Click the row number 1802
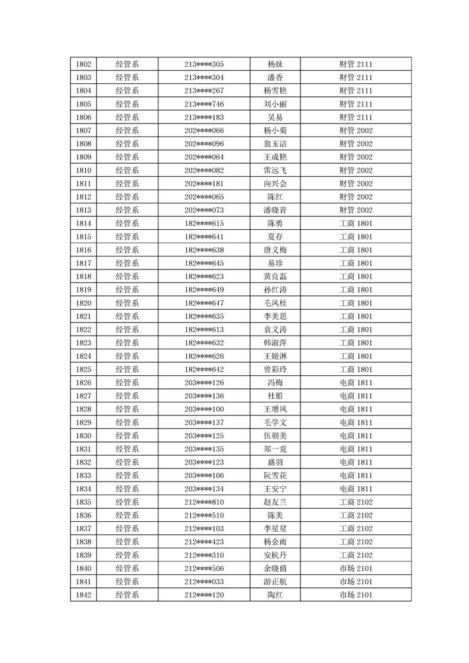[x=83, y=64]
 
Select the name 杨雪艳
[x=275, y=91]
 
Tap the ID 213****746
[x=204, y=104]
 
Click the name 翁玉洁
[x=275, y=144]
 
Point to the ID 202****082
[x=204, y=171]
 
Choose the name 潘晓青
[x=275, y=210]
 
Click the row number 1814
[x=83, y=223]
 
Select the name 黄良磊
[x=275, y=277]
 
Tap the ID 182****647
[x=204, y=303]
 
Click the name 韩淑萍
[x=275, y=343]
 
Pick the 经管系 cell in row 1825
[x=127, y=369]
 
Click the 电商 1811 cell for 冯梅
[x=356, y=383]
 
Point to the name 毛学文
[x=275, y=422]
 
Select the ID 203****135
[x=204, y=449]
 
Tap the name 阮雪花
[x=275, y=476]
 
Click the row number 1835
[x=83, y=502]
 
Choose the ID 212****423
[x=204, y=542]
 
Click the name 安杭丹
[x=275, y=555]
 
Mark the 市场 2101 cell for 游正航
[x=356, y=582]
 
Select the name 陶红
[x=275, y=595]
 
